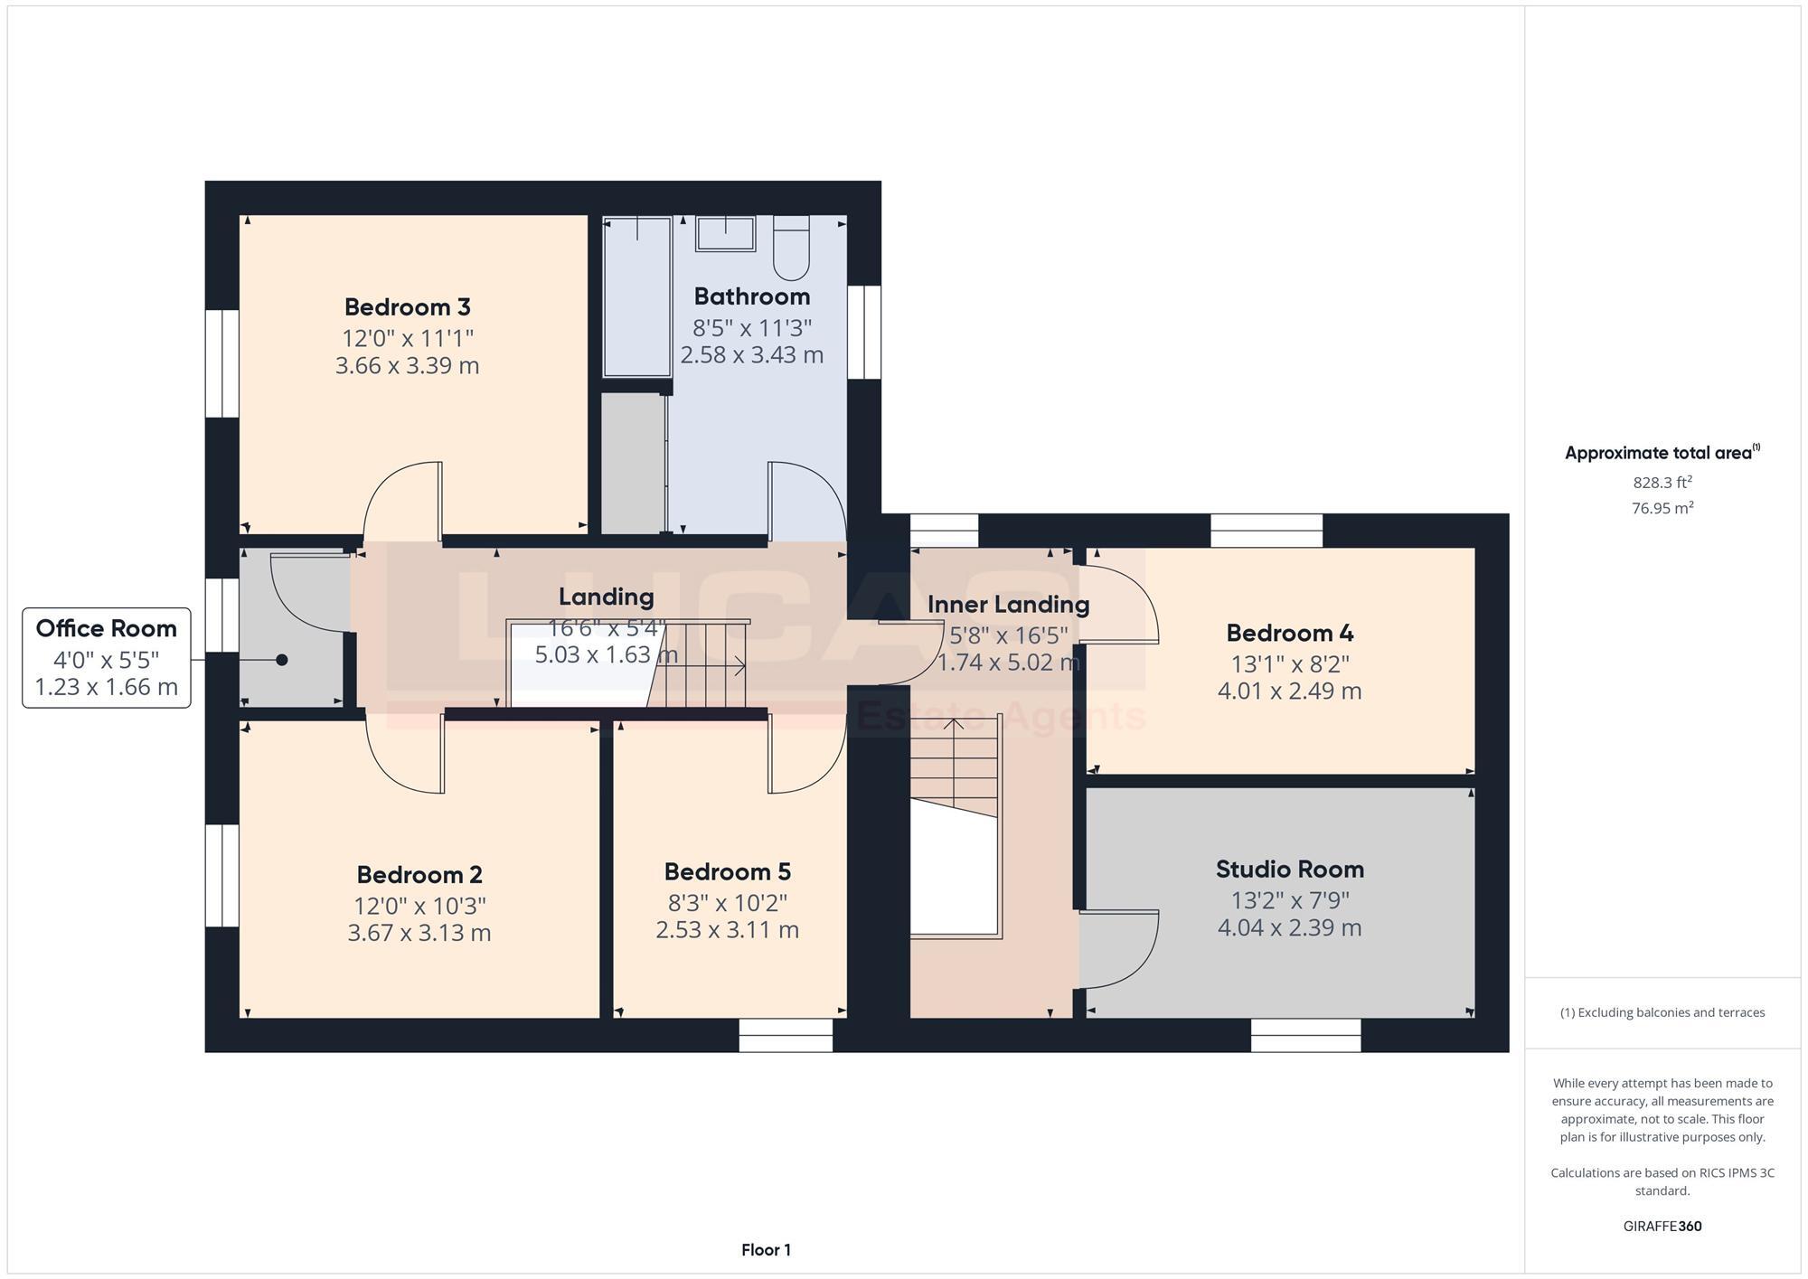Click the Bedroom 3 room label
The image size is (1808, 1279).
click(407, 307)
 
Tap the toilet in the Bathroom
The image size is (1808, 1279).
click(791, 248)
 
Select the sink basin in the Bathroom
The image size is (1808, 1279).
click(725, 234)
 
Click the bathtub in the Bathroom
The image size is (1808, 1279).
click(637, 296)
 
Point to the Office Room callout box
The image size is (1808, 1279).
click(107, 657)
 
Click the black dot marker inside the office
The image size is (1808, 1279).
click(282, 660)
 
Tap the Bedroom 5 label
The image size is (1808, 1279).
click(727, 872)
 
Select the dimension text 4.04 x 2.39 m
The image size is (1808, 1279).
click(1289, 928)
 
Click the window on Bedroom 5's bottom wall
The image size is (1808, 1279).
click(786, 1036)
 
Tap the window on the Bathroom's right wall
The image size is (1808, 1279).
click(864, 333)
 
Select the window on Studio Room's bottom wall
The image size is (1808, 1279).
click(1305, 1036)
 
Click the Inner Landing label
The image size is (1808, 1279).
click(1008, 605)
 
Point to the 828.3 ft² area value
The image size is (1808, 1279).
click(1662, 483)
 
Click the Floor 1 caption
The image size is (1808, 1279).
click(766, 1250)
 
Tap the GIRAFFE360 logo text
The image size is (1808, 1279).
click(1662, 1227)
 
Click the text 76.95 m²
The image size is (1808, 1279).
click(1662, 508)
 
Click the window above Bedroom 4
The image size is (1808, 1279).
click(1266, 531)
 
